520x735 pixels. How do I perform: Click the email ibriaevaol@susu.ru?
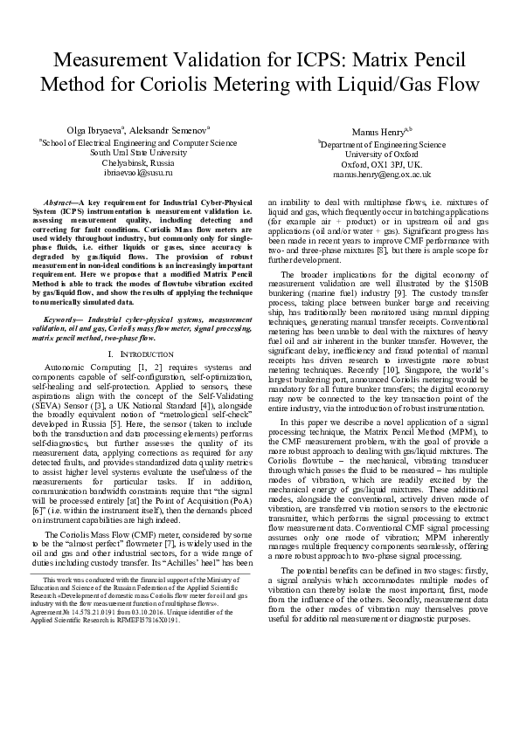(x=138, y=174)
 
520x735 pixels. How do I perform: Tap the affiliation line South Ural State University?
(x=138, y=152)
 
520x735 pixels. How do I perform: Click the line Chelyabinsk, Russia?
(x=138, y=163)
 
